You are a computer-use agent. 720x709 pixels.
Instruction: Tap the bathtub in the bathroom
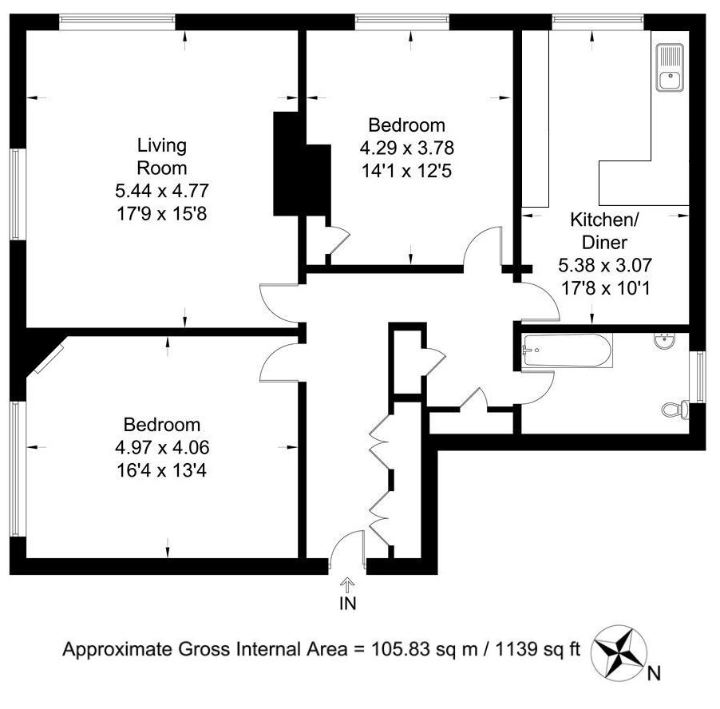568,351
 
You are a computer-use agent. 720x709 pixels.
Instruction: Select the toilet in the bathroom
676,409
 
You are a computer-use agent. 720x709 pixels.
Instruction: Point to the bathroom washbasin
665,341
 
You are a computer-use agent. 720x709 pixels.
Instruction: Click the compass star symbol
619,652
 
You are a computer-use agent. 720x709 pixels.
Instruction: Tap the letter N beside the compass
654,674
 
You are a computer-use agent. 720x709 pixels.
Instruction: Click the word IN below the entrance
347,604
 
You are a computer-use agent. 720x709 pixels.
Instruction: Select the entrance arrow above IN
347,585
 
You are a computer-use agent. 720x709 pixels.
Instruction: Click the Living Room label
162,156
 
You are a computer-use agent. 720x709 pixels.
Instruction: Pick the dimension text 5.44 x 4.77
162,190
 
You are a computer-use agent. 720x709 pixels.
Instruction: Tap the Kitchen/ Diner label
604,231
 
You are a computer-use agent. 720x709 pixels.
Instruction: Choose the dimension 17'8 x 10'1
605,288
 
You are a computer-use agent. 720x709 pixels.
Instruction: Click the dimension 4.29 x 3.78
407,148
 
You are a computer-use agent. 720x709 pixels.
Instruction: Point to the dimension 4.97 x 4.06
162,447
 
